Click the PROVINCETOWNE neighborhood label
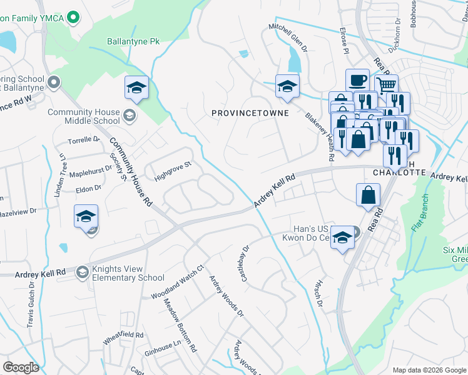coord(250,113)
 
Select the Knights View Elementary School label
coord(125,273)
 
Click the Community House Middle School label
coord(84,116)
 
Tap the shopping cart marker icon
coord(387,84)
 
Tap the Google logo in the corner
coord(21,367)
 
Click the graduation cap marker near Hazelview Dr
coord(86,217)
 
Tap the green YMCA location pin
coord(73,16)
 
